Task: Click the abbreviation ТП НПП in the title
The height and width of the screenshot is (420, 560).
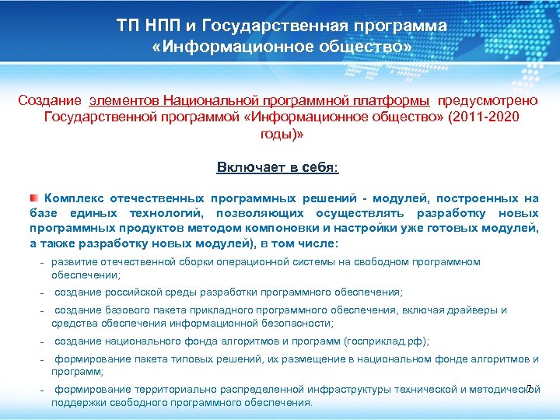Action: tap(147, 26)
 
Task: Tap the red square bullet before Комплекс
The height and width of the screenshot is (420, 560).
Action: tap(34, 198)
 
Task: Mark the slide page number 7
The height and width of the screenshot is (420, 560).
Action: tap(530, 389)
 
